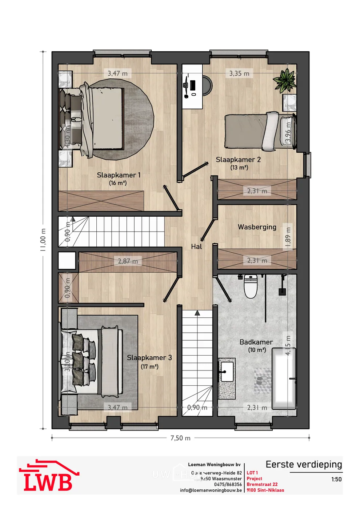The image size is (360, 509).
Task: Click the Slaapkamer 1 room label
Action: coord(119,175)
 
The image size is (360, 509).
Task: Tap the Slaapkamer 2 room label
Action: coord(238,160)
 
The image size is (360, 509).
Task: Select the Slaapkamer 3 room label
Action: coord(149,358)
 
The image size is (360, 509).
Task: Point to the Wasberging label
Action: coord(257,227)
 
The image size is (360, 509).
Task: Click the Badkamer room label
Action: coord(256,342)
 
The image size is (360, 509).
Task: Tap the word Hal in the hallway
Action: coord(196,247)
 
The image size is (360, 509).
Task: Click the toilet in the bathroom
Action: coord(251,286)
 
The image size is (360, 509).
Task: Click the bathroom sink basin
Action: coord(227,372)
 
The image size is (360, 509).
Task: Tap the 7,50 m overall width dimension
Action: coord(180,438)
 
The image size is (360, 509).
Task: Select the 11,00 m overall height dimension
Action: coord(43,240)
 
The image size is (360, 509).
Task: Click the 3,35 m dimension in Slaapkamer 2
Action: coord(239,73)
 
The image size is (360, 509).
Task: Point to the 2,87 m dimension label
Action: coord(128,261)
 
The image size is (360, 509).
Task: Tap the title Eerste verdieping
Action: coord(304,465)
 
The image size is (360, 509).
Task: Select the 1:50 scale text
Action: coord(336,479)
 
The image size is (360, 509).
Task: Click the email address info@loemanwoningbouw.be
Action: coord(211,490)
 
